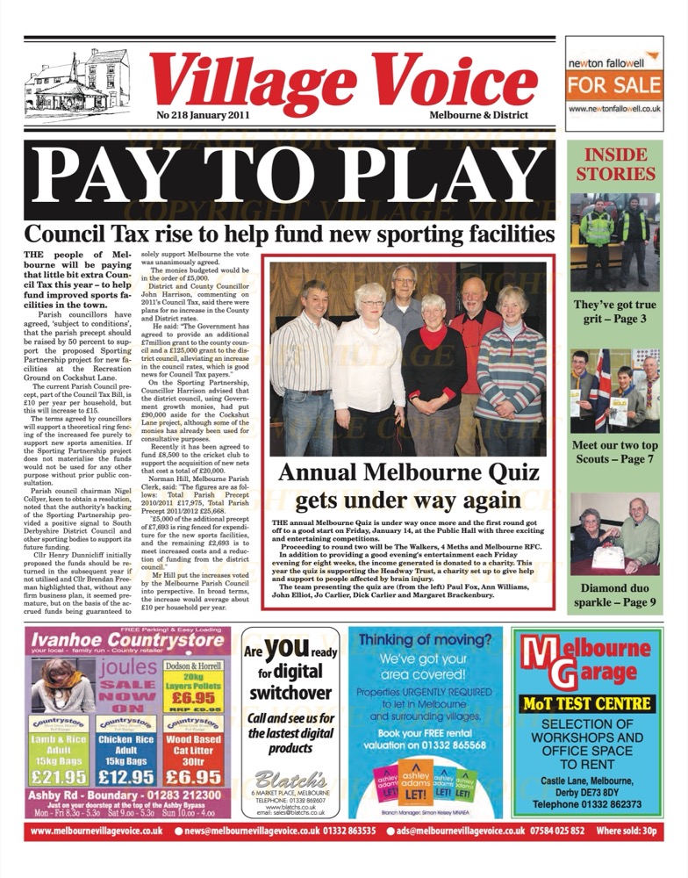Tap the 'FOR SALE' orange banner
613,86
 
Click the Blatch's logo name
295,781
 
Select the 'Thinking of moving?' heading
425,640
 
